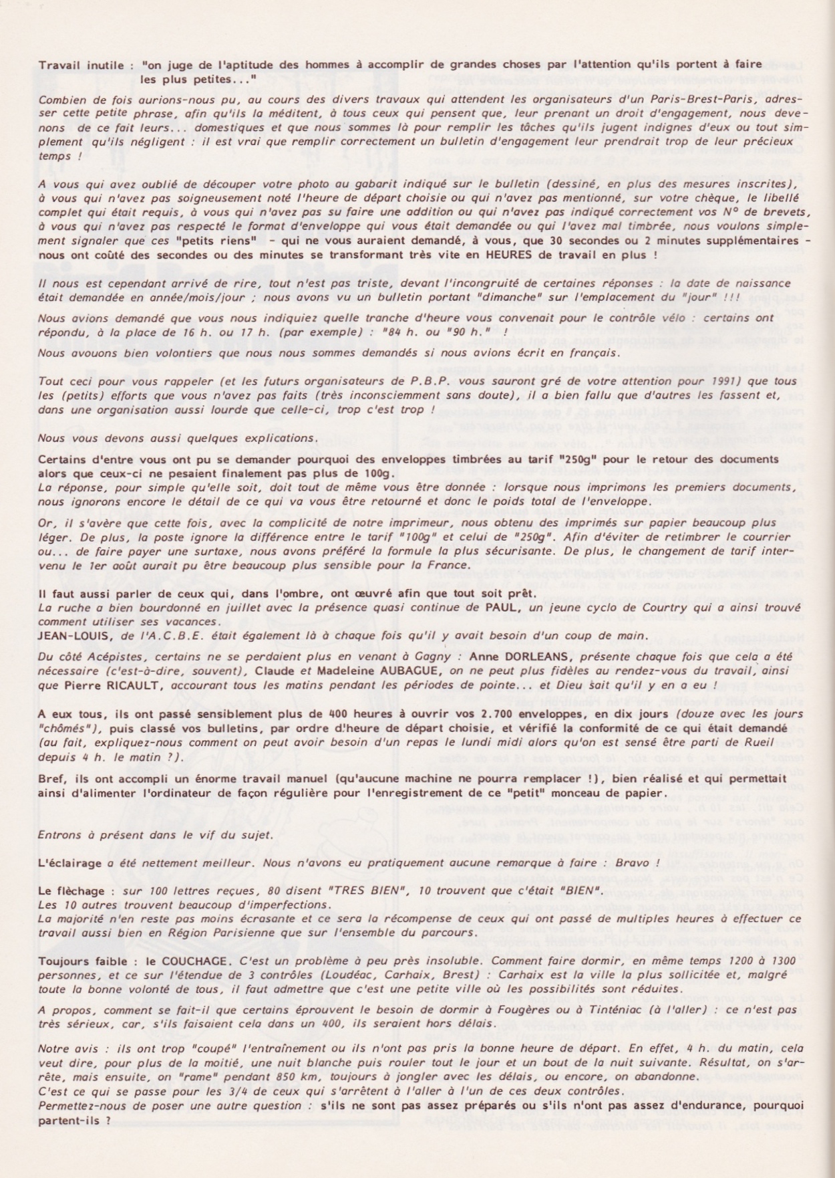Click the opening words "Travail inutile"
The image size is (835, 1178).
pyautogui.click(x=81, y=65)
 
